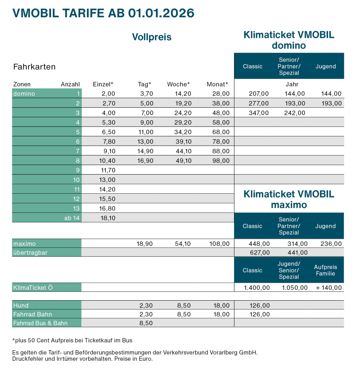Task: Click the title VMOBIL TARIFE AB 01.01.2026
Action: click(x=103, y=13)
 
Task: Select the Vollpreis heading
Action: click(x=151, y=37)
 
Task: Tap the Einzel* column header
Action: click(x=103, y=84)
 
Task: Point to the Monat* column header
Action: click(x=217, y=84)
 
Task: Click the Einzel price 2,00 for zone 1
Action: click(x=108, y=94)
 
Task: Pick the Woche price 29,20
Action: click(x=183, y=122)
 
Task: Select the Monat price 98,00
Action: click(x=221, y=161)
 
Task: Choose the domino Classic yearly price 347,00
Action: click(x=259, y=113)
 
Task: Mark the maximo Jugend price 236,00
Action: click(x=331, y=244)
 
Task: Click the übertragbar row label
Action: click(x=30, y=253)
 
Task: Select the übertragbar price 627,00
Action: click(x=259, y=253)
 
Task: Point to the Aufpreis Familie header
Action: click(x=325, y=270)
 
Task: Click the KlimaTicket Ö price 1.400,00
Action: click(x=257, y=288)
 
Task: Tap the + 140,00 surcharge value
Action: click(x=329, y=288)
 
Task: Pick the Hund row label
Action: click(x=21, y=306)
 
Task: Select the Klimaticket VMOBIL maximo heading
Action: click(x=289, y=199)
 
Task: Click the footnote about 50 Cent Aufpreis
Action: click(x=72, y=340)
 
